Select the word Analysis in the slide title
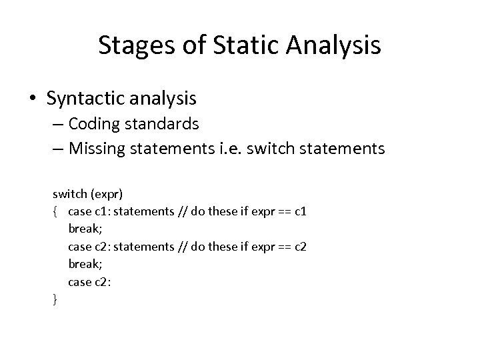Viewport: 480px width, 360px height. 337,45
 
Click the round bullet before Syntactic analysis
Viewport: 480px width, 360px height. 33,99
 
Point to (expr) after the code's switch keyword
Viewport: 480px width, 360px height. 105,194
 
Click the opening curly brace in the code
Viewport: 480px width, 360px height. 55,211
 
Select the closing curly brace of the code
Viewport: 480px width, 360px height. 55,300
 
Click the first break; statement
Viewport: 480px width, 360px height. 84,229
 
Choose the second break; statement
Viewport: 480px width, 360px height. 84,264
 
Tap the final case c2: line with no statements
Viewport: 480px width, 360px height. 89,282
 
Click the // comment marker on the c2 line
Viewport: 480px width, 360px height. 182,247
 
